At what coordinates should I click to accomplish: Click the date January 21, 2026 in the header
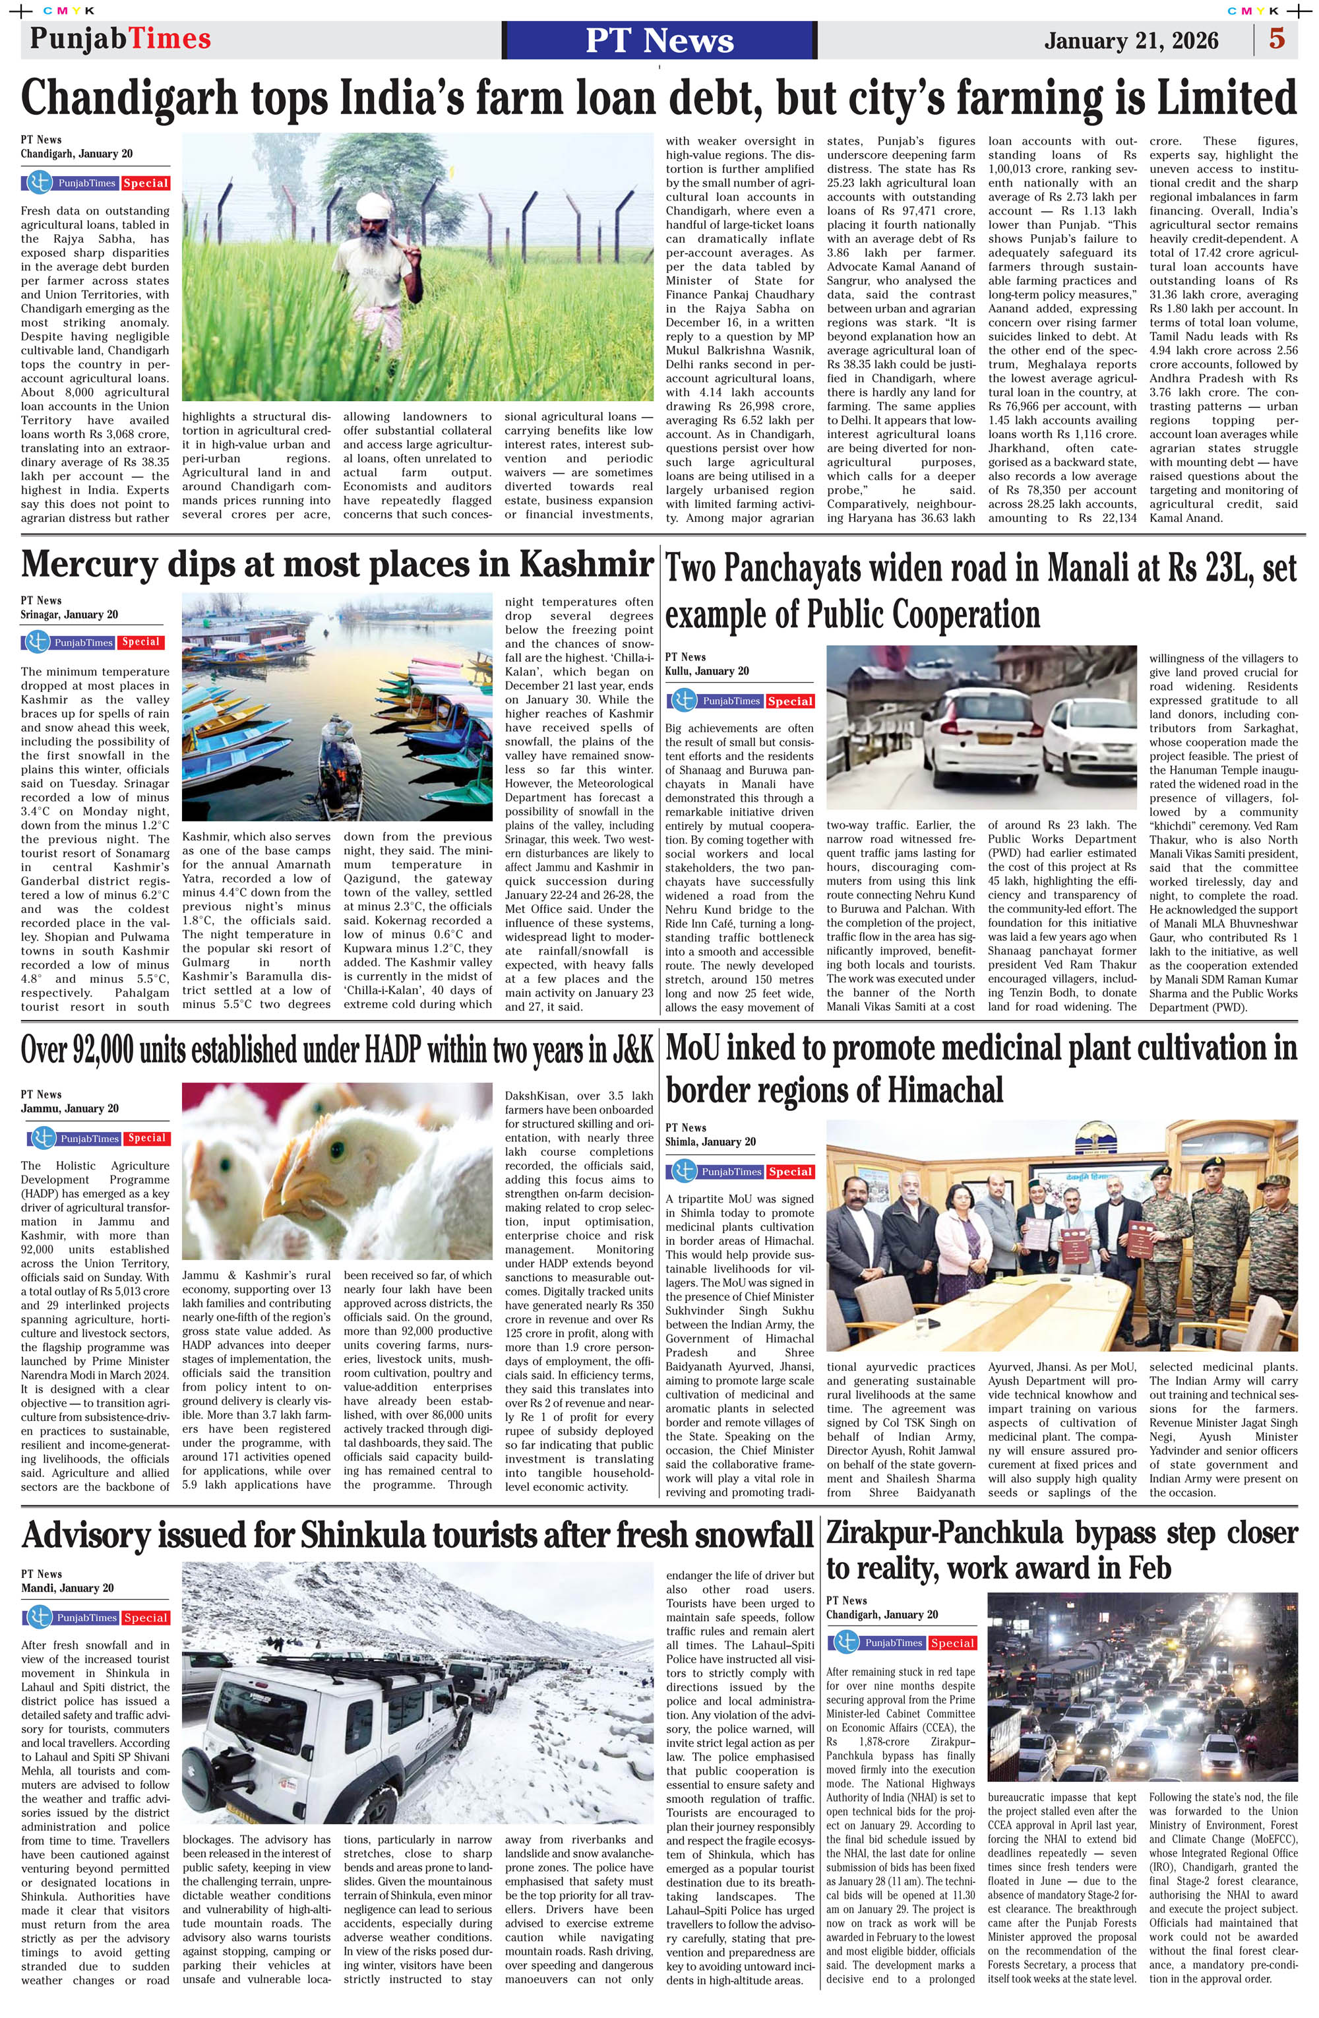(1131, 41)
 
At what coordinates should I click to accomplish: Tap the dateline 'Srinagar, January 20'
(69, 615)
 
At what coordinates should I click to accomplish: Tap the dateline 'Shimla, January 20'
(710, 1141)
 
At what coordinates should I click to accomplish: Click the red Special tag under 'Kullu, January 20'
(790, 701)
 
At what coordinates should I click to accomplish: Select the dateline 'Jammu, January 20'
(69, 1108)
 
